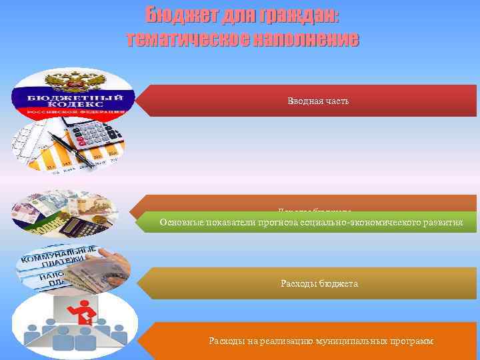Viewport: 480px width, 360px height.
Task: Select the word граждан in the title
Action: tap(299, 15)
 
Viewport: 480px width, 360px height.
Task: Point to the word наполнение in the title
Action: tap(305, 39)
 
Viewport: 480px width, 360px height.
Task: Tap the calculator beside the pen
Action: tap(97, 137)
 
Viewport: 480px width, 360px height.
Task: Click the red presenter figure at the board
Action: tap(85, 313)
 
